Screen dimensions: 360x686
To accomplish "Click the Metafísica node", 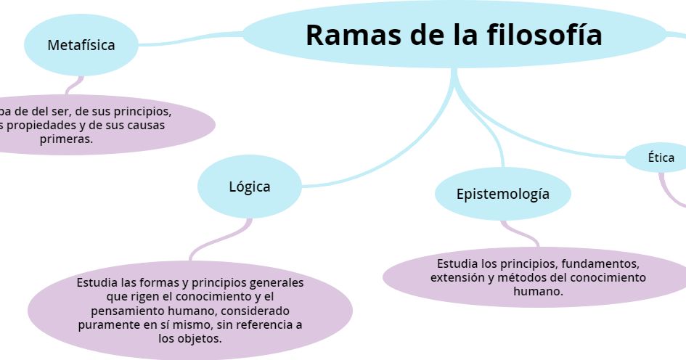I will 81,45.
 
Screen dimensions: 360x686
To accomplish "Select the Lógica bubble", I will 249,187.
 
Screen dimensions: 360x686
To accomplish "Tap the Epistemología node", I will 502,194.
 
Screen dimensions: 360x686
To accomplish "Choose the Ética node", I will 661,157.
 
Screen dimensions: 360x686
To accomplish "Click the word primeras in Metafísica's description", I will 66,139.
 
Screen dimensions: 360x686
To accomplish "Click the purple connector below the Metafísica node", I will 73,86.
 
